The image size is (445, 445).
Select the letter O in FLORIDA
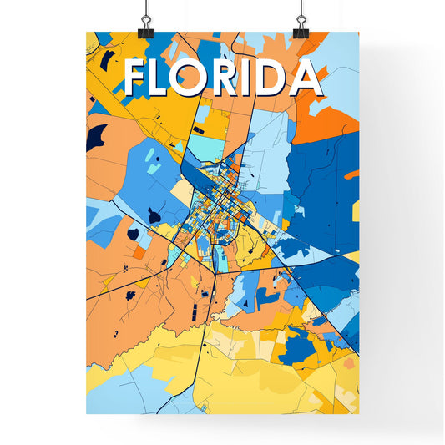[203, 78]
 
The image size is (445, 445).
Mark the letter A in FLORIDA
[308, 78]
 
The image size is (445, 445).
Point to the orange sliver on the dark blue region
[351, 174]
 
